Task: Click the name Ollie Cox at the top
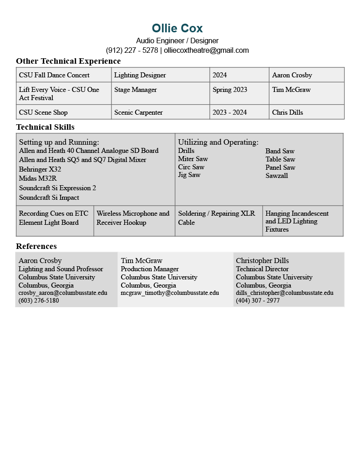177,28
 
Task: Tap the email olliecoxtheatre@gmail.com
206,50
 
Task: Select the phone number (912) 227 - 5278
132,50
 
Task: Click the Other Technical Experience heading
68,61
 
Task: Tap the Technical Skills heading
45,127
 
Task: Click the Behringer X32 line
40,169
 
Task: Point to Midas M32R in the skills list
38,178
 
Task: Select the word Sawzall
277,176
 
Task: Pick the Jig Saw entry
189,175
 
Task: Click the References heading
36,246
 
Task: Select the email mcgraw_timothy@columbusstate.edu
170,293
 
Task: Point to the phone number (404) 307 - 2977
258,300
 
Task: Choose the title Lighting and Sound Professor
61,269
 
